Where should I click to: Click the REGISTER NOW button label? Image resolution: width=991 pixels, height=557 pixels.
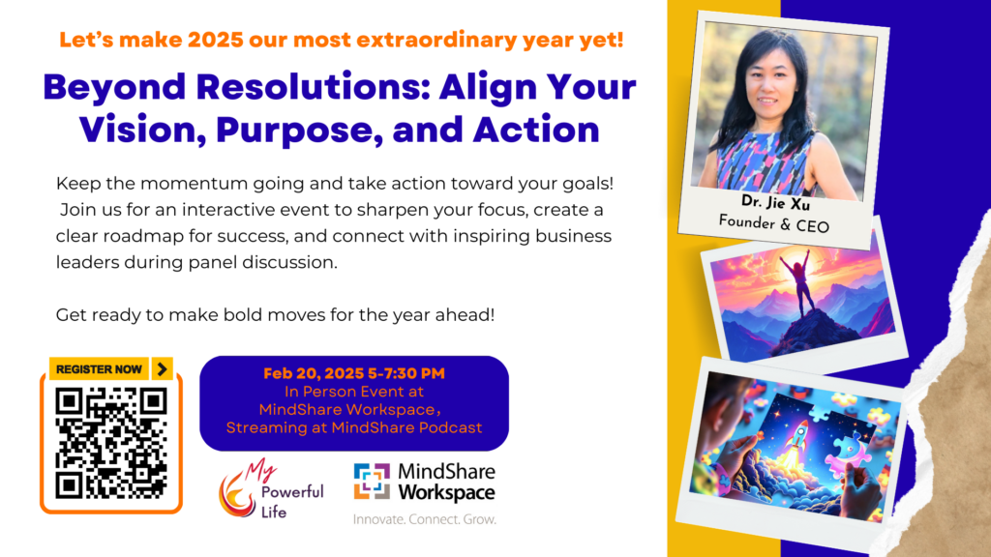(99, 369)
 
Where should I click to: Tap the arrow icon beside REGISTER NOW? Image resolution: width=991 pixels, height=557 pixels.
(163, 368)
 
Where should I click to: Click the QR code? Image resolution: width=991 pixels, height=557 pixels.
(111, 444)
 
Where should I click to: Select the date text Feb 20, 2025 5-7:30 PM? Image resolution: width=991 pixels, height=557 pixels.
(354, 373)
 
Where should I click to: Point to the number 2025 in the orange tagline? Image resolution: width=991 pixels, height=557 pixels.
(216, 40)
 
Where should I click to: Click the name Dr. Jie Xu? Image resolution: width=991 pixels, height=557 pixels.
(775, 202)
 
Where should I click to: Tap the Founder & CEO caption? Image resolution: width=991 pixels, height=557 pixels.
(773, 223)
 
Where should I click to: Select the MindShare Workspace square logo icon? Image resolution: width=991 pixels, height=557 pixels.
(372, 482)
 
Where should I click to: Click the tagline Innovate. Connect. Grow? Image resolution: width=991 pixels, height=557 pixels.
(425, 519)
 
